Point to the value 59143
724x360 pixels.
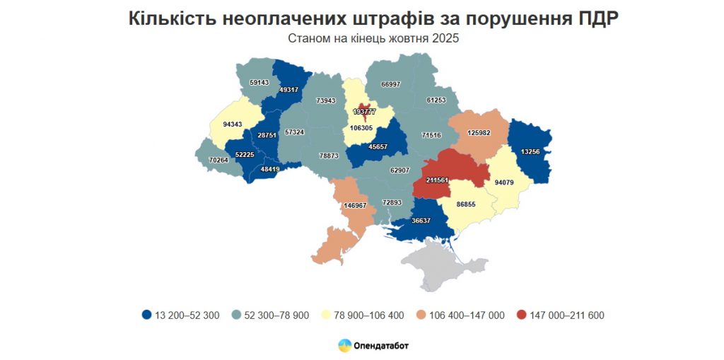[259, 82]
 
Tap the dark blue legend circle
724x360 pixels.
[146, 315]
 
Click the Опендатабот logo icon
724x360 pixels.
[345, 346]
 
